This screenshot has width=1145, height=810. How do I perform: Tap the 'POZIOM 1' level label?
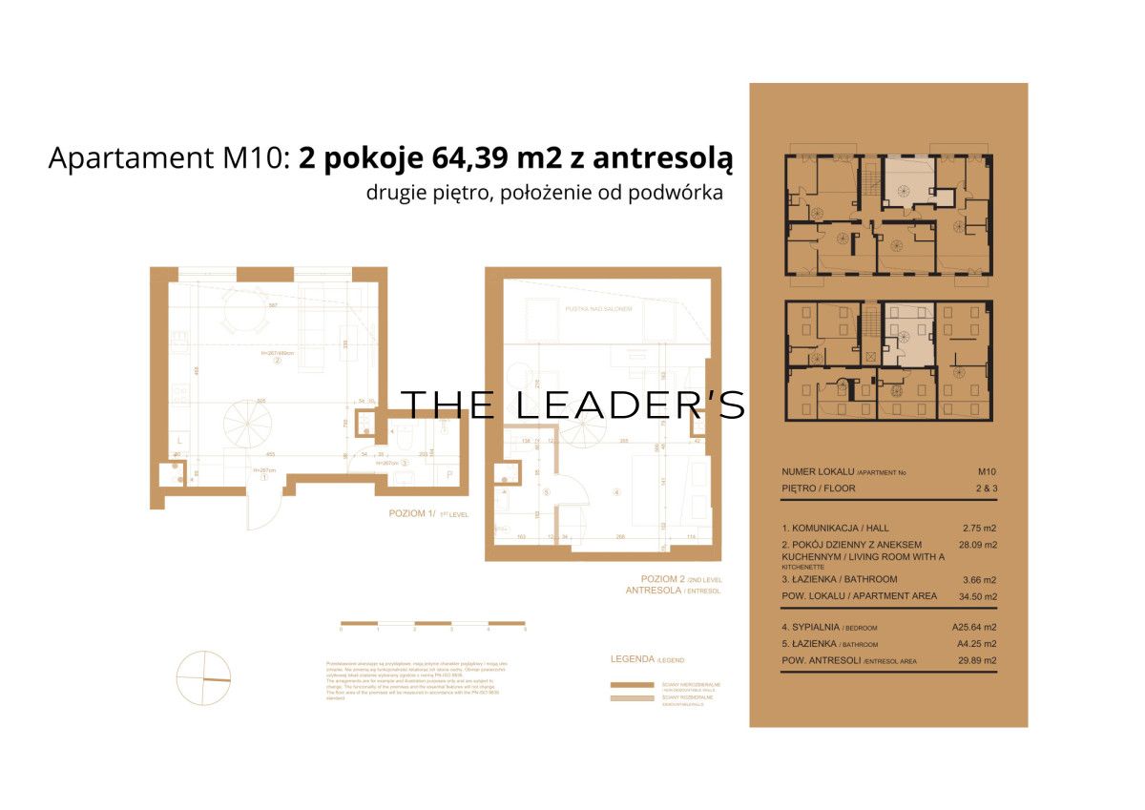tap(411, 513)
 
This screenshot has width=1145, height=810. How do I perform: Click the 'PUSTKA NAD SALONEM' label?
tap(598, 309)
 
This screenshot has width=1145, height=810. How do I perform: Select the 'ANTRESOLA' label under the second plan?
tap(654, 592)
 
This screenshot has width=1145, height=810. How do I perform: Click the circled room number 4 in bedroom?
tap(617, 493)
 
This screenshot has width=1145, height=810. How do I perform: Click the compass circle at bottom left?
tap(202, 678)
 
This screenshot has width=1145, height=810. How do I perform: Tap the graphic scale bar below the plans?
tap(433, 623)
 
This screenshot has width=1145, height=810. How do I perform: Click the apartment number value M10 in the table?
tap(987, 471)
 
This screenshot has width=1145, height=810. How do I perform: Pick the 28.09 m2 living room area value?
tap(978, 545)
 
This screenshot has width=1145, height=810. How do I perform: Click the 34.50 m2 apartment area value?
tap(978, 597)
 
